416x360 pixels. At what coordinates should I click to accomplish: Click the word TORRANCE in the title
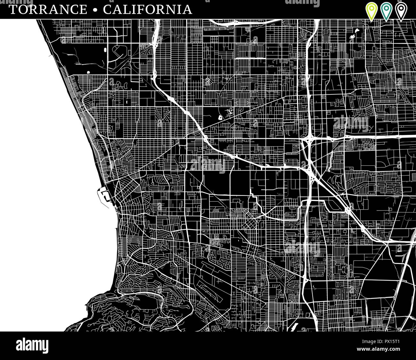coord(48,10)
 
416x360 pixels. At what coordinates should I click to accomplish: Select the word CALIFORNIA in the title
coord(148,10)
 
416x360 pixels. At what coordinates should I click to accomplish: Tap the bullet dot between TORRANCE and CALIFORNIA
coord(95,10)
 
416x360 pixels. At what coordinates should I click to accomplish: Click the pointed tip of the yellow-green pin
coord(371,21)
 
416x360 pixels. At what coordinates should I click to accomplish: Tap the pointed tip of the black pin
coord(401,21)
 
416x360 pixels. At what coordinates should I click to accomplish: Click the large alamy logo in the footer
coord(32,346)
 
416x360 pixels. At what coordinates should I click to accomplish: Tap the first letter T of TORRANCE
coord(13,10)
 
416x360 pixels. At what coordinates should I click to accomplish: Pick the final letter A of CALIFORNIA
coord(188,10)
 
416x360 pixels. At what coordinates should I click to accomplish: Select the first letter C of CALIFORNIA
coord(108,10)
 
